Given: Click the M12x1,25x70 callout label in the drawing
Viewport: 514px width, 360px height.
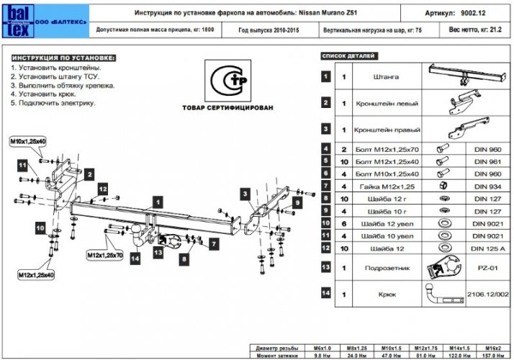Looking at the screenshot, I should click(x=105, y=255).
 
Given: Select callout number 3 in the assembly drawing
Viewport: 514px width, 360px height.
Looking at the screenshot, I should click(x=245, y=194).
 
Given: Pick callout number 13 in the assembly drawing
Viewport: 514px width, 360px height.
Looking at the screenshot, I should click(x=158, y=253).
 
